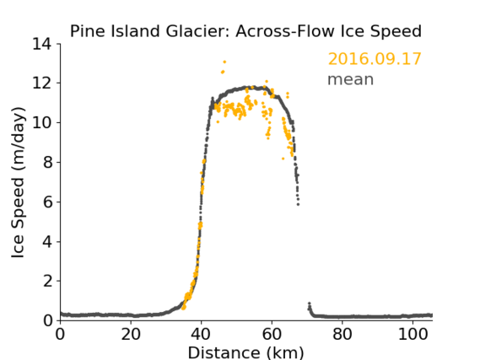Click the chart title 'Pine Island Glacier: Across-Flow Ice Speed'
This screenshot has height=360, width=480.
click(245, 31)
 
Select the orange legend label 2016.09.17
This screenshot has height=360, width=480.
click(375, 59)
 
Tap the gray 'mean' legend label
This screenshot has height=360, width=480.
click(351, 79)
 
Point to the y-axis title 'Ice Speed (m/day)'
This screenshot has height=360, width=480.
click(18, 182)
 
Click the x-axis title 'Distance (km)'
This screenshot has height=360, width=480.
click(245, 352)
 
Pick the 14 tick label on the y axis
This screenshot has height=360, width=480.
click(41, 44)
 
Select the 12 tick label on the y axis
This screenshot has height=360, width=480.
click(41, 83)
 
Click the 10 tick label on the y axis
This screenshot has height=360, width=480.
click(41, 122)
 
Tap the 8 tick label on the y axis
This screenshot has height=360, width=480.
click(47, 163)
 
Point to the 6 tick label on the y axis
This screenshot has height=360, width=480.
click(47, 202)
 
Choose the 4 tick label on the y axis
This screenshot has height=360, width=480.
click(47, 242)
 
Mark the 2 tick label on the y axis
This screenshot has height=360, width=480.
click(47, 281)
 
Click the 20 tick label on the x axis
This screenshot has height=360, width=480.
click(131, 335)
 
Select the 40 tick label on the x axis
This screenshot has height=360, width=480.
click(201, 335)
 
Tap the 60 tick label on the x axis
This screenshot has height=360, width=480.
click(272, 335)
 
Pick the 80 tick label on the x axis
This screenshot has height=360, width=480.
click(342, 335)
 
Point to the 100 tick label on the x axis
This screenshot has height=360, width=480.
click(413, 335)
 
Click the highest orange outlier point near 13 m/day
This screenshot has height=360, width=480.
click(224, 62)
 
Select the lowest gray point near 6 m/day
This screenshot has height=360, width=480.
click(298, 204)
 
